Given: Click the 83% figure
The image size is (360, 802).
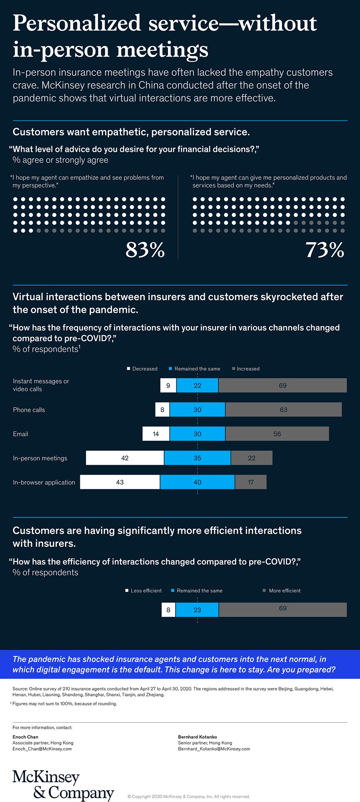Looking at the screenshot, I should point(145,250).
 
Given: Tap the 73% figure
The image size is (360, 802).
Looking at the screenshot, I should point(325,250).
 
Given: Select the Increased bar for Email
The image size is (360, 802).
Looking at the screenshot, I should point(277,434).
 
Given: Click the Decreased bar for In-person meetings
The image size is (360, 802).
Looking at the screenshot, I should point(125,458).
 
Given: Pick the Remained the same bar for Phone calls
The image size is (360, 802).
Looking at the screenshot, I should point(197,409).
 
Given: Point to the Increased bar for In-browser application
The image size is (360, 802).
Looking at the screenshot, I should point(251,482).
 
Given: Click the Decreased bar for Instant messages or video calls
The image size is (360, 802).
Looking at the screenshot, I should point(168,386).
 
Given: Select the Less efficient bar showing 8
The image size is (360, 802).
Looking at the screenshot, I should point(168,610).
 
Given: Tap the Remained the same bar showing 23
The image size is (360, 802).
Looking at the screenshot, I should point(197,610).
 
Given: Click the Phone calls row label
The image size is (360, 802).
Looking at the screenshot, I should point(29,410).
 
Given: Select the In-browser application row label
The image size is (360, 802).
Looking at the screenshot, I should point(44,482).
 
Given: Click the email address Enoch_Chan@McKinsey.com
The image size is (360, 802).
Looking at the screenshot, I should point(42,749).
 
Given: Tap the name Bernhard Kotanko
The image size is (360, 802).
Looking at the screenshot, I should point(198,737).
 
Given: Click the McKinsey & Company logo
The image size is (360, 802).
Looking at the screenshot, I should point(63,785).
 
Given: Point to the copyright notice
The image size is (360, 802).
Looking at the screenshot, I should point(189,796).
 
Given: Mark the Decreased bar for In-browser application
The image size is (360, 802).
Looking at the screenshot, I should point(120,482).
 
